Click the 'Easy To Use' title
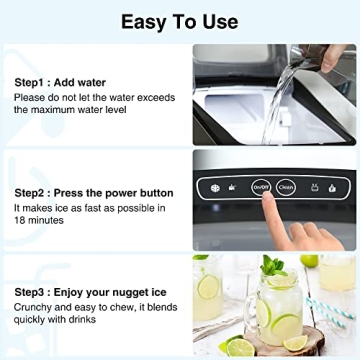pos(180,21)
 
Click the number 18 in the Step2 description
pos(22,221)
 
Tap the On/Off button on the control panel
pos(262,185)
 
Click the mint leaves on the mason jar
pos(273,268)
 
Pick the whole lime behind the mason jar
pos(310,263)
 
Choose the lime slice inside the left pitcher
pos(209,287)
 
